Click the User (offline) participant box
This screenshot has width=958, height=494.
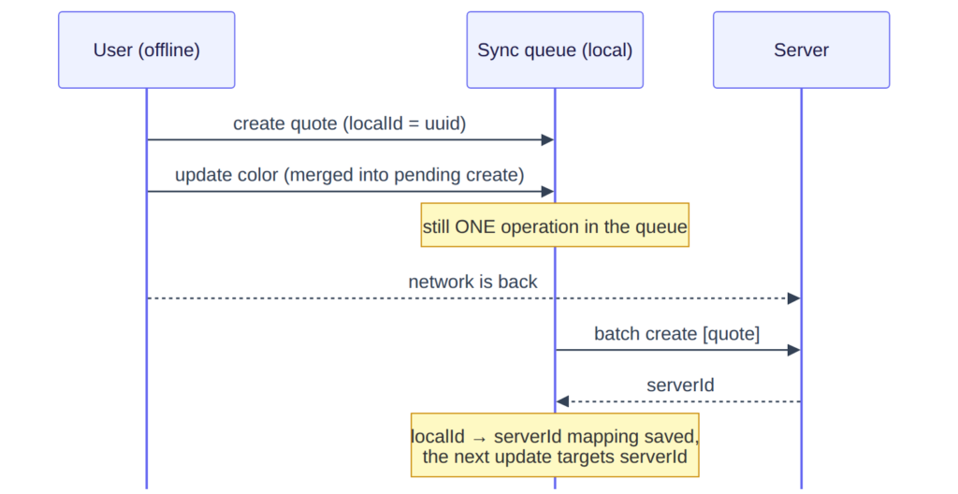147,50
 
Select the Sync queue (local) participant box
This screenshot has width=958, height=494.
555,50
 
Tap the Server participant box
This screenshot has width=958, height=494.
801,50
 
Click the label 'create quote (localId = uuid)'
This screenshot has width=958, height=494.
350,123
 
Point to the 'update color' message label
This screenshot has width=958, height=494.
350,175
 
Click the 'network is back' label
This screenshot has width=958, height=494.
472,282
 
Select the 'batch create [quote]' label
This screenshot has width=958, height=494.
677,334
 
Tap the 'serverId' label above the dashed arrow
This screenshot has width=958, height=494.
680,385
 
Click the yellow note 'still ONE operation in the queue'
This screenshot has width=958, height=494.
555,225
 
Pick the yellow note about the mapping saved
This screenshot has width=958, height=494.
555,445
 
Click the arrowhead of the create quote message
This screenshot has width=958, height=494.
547,140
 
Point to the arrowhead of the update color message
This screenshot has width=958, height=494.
547,192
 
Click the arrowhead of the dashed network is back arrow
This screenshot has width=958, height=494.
793,298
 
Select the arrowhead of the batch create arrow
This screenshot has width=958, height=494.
793,350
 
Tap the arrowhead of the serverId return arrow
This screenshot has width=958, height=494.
562,401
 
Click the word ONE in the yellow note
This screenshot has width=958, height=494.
475,226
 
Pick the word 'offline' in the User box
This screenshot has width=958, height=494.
170,51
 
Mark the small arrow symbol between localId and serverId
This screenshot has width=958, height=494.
479,439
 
